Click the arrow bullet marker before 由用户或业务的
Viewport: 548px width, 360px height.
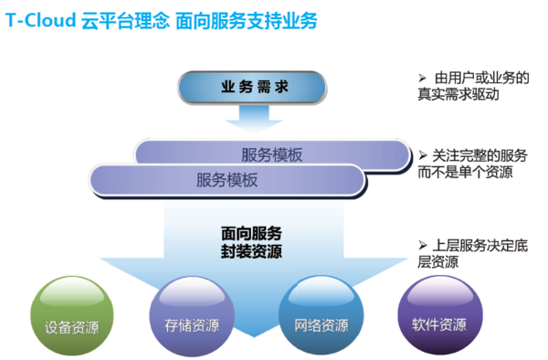pos(422,78)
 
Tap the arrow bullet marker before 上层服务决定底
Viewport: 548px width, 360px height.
pos(422,245)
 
